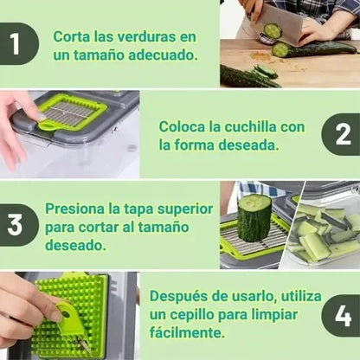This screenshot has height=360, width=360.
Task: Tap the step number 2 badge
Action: [x=342, y=134]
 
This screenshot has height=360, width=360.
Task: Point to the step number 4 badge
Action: [x=342, y=316]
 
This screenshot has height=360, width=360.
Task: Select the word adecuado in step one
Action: [x=163, y=55]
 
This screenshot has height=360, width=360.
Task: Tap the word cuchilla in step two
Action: [x=250, y=126]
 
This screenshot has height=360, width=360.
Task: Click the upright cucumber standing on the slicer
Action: [x=254, y=218]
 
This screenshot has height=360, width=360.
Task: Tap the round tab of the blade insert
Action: [x=47, y=125]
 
